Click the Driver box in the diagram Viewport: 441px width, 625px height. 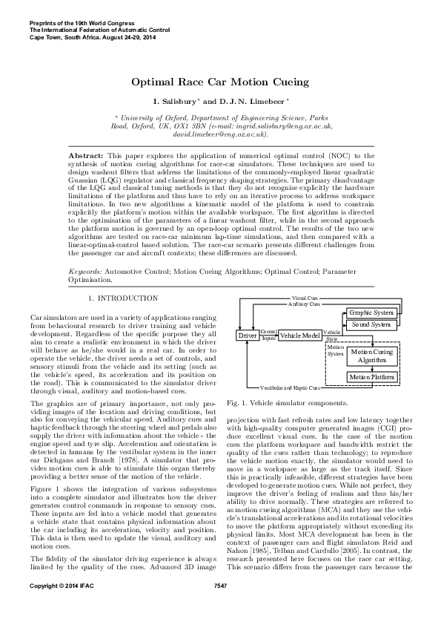[x=246, y=336]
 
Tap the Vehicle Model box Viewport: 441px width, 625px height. [x=301, y=336]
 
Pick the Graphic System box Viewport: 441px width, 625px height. [x=371, y=312]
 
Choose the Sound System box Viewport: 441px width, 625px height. [x=371, y=325]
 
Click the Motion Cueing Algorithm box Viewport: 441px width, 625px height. [x=371, y=356]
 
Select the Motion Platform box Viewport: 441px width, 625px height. [x=371, y=378]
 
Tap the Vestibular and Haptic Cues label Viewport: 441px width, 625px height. [x=289, y=388]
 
